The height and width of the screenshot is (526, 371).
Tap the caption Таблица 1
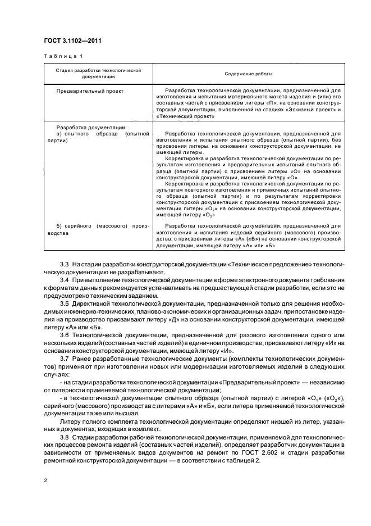coord(62,56)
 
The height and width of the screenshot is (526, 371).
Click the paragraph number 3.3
coord(64,264)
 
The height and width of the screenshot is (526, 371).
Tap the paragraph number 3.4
coord(64,279)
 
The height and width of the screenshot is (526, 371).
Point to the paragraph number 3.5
coord(64,302)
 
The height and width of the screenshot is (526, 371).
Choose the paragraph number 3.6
coord(64,334)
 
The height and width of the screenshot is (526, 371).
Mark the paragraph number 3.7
coord(64,357)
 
